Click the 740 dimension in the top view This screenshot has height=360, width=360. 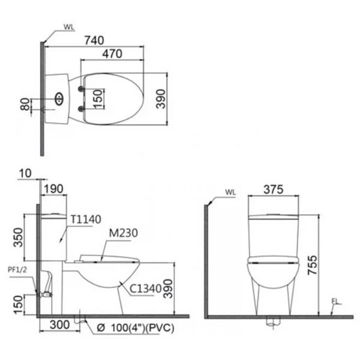click(x=94, y=41)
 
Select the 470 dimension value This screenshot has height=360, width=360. click(x=113, y=54)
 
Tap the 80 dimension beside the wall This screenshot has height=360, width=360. click(x=25, y=104)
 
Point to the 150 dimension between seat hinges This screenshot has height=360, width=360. click(x=98, y=99)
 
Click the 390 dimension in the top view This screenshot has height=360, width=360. click(x=161, y=99)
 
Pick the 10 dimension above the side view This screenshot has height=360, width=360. click(x=26, y=173)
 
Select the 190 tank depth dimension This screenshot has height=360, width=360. click(x=53, y=189)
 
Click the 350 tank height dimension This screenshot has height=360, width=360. click(x=18, y=238)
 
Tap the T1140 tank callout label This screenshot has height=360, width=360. click(x=86, y=219)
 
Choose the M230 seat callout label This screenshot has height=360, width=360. click(x=123, y=233)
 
